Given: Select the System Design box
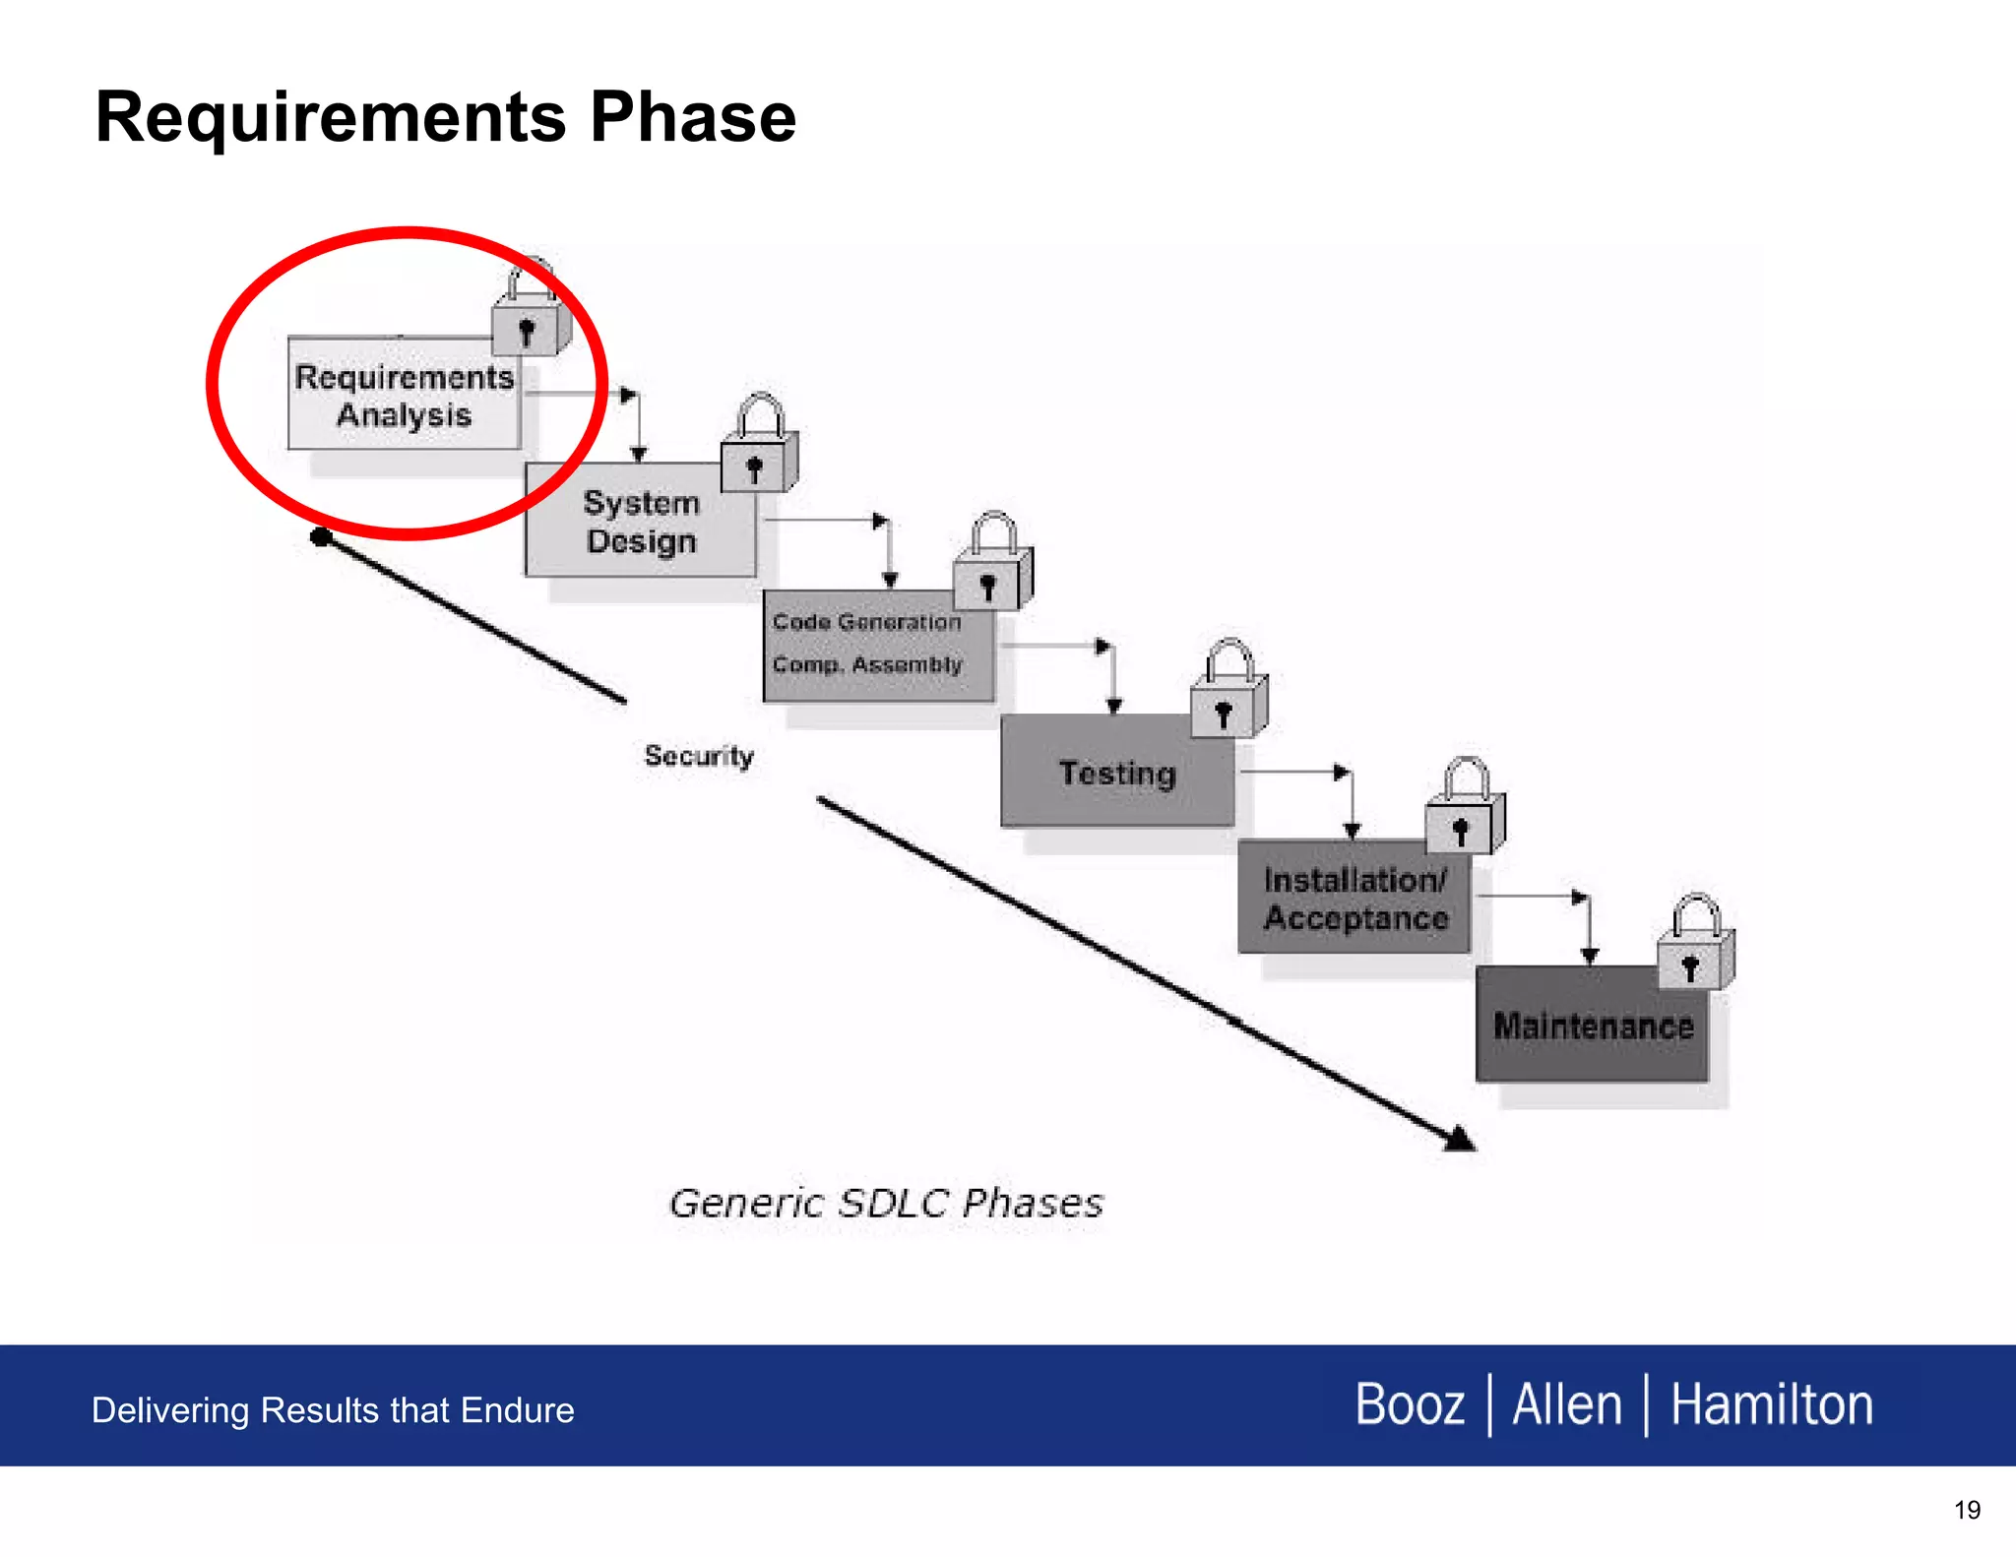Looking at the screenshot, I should click(x=641, y=522).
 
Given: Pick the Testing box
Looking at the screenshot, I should click(x=1116, y=773).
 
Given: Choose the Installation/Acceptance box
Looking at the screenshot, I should click(x=1354, y=899).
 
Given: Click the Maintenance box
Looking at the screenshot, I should click(x=1592, y=1026).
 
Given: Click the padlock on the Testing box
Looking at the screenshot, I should click(x=1228, y=695).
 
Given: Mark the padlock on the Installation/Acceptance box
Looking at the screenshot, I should click(x=1464, y=812).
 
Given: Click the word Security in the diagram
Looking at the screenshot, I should click(x=699, y=756).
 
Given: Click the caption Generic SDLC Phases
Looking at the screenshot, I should click(x=886, y=1204).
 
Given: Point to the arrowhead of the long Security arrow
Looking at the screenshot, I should click(x=1461, y=1140).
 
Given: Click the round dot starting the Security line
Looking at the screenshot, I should click(x=320, y=536).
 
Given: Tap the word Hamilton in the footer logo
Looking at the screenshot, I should click(x=1771, y=1404).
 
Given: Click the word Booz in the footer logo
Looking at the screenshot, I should click(x=1410, y=1404).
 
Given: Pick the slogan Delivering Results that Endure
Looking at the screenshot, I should click(x=333, y=1410).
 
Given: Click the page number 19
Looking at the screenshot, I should click(x=1967, y=1510).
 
